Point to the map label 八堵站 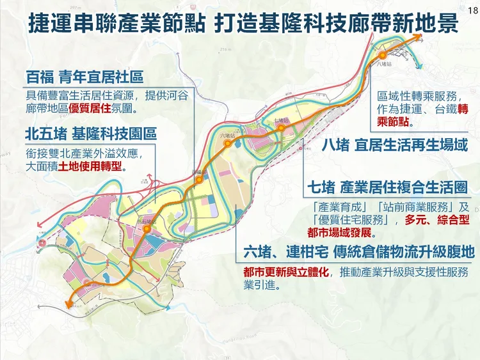click(x=384, y=65)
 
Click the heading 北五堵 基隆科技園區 click(x=90, y=135)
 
